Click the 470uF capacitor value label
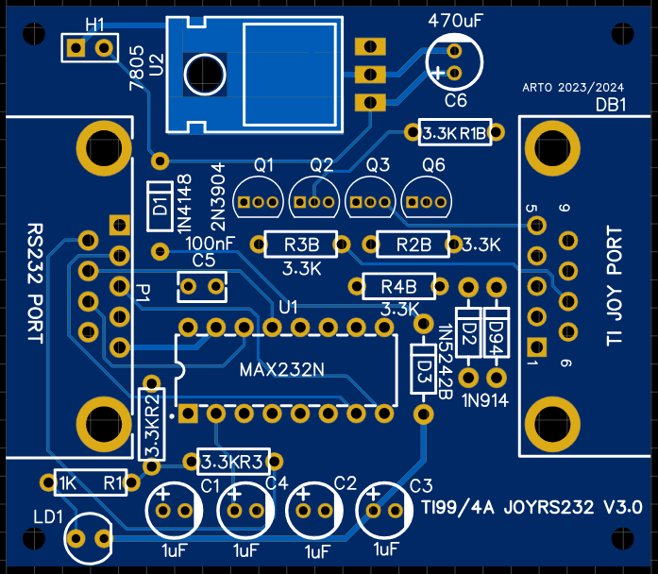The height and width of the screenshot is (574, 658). click(x=458, y=19)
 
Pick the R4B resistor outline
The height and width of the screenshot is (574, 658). click(x=399, y=286)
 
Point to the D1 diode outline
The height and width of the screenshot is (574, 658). click(x=160, y=206)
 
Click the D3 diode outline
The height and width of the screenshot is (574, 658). click(x=424, y=373)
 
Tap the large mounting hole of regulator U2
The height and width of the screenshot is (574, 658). click(x=204, y=73)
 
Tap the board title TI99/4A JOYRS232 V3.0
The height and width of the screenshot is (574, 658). click(x=532, y=508)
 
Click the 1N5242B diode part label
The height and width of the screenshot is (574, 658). click(x=445, y=358)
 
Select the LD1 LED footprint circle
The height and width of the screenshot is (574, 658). click(x=89, y=537)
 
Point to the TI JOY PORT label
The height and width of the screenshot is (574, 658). click(x=615, y=287)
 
